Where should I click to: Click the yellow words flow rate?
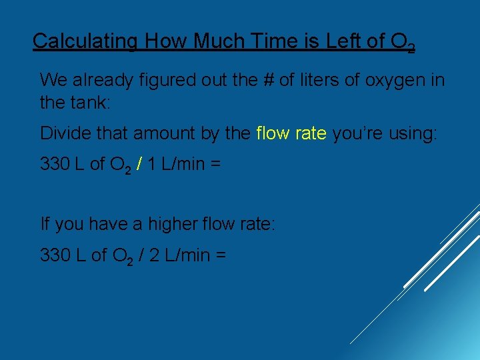291,133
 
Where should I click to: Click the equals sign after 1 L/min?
215,164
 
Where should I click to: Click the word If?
45,223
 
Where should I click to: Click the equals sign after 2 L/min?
221,255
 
